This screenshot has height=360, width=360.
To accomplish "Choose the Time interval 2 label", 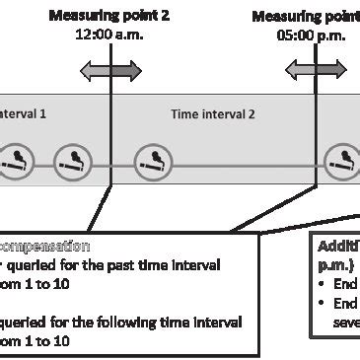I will (213, 114).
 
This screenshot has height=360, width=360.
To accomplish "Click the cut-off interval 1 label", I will (23, 114).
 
